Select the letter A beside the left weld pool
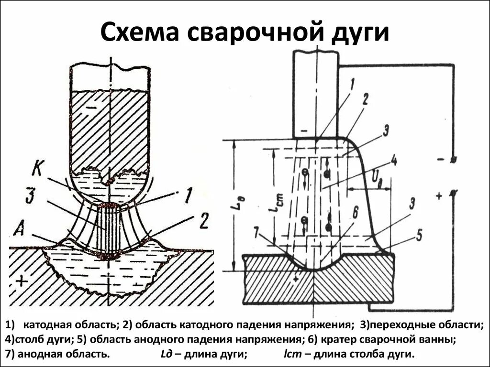(x=19, y=227)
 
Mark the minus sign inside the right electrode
(x=304, y=130)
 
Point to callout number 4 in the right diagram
(x=393, y=161)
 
